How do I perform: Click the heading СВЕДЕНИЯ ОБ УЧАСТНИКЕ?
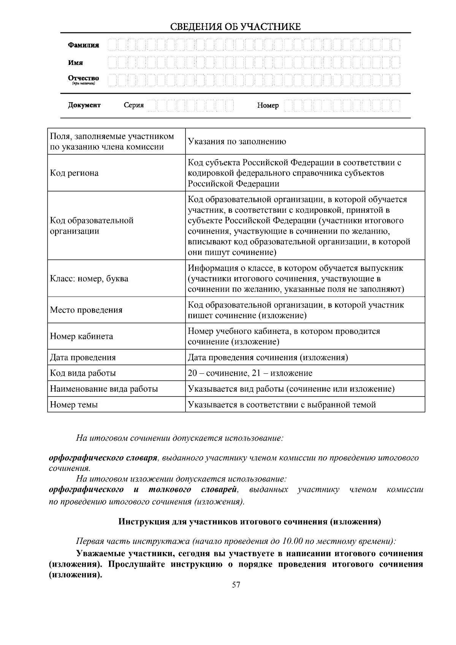[235, 27]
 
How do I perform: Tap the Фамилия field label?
[83, 45]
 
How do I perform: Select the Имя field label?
[75, 63]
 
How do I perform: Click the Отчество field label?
[83, 78]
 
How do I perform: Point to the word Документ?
[84, 105]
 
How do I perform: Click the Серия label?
[133, 105]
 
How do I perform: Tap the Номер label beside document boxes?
[268, 106]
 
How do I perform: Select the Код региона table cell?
[74, 173]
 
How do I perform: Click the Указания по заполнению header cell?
[237, 142]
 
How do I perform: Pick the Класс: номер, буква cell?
[89, 279]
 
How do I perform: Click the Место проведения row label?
[86, 310]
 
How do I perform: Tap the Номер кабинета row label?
[81, 337]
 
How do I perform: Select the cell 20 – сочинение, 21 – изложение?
[250, 373]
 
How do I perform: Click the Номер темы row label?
[74, 405]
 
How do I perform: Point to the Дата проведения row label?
[83, 357]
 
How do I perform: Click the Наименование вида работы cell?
[104, 389]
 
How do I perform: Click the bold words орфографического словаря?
[103, 458]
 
